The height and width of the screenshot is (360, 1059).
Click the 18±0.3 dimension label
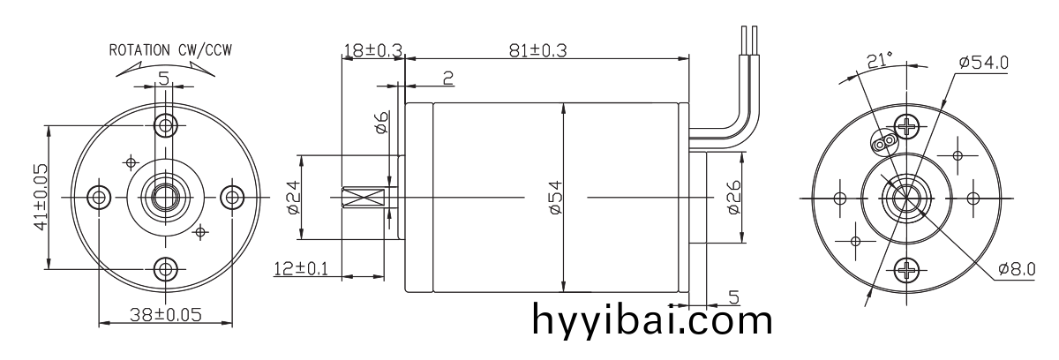(371, 50)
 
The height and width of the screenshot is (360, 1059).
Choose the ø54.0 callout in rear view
(983, 62)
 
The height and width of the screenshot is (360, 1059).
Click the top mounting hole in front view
(164, 123)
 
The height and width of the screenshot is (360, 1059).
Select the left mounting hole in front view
(100, 196)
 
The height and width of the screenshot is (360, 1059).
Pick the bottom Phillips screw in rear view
(905, 269)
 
